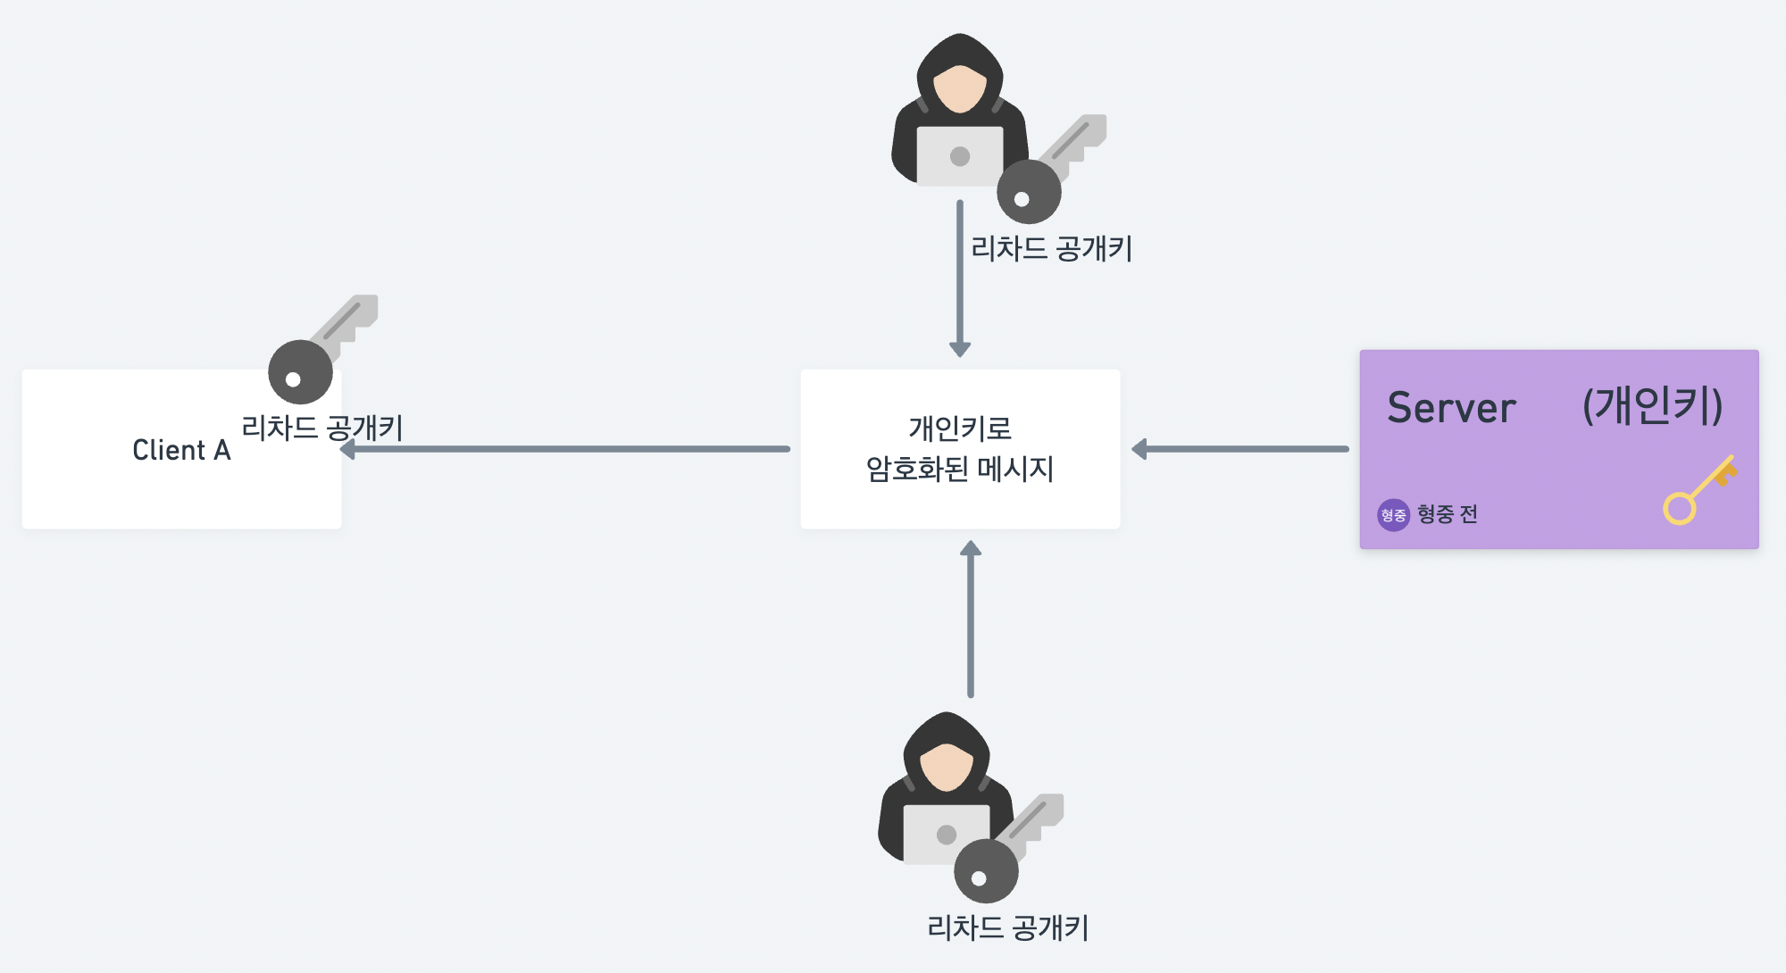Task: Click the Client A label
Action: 181,450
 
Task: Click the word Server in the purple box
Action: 1451,408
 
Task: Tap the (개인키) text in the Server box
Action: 1652,406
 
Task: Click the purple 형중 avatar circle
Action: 1393,515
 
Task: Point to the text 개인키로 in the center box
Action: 960,428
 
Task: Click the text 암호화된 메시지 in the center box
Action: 960,469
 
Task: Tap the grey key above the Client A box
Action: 321,351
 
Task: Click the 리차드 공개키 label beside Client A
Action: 322,428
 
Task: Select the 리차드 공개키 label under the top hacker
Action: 1051,248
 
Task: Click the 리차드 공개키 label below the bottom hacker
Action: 1007,927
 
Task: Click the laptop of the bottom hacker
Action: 945,835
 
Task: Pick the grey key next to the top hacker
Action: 1049,170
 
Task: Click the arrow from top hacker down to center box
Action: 960,277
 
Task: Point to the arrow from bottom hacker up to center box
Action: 971,620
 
